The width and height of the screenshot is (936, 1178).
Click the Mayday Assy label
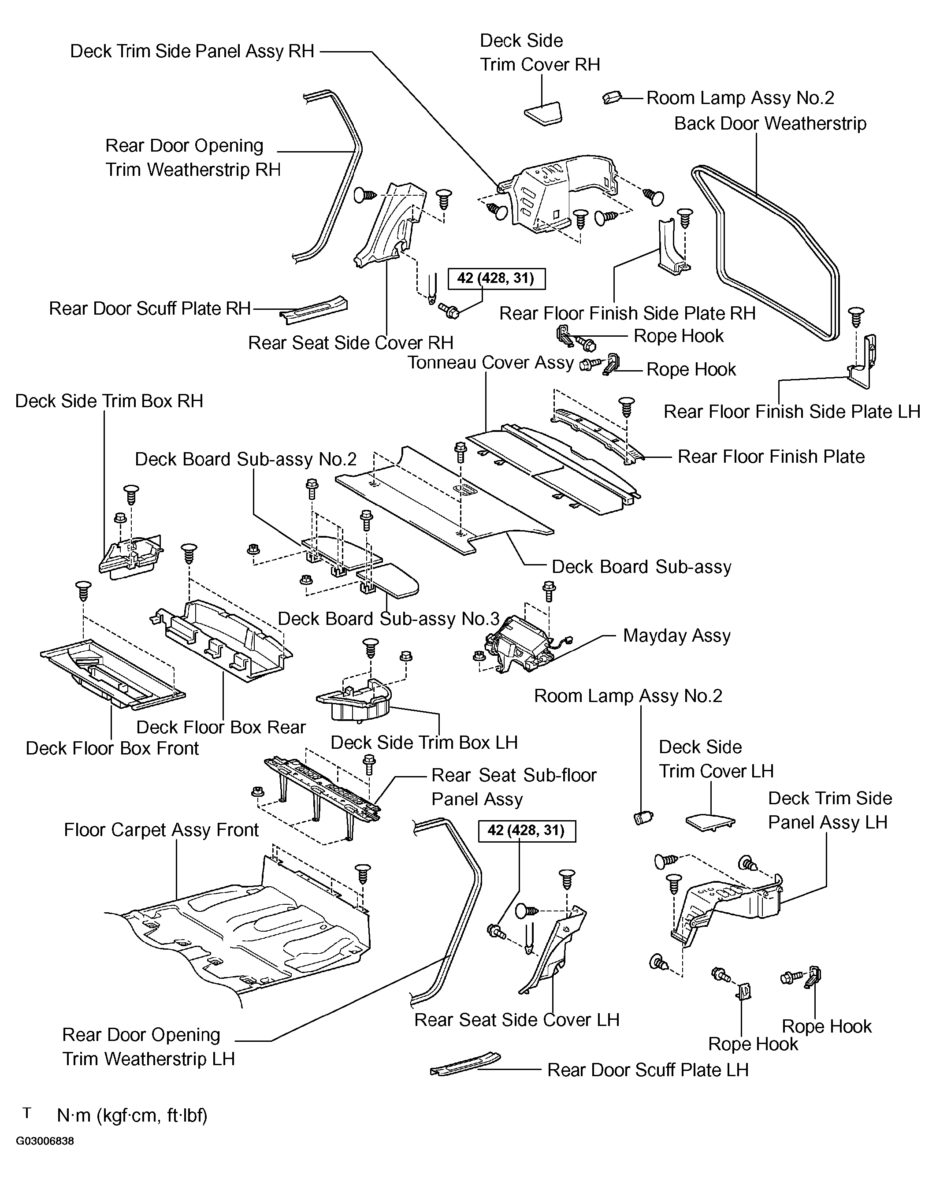tap(676, 635)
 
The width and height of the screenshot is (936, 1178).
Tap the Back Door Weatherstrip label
tap(770, 123)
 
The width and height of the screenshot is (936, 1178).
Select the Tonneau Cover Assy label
tap(490, 363)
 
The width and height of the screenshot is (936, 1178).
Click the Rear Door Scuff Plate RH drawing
tap(314, 310)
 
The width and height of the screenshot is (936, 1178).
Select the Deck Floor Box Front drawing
tap(112, 675)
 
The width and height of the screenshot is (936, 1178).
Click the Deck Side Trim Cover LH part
tap(710, 822)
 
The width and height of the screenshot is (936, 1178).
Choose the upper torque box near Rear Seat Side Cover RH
tap(496, 278)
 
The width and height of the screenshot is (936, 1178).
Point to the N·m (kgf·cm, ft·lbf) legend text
tap(132, 1115)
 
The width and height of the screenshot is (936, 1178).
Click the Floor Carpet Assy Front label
tap(161, 830)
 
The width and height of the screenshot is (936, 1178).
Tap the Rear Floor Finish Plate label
tap(771, 457)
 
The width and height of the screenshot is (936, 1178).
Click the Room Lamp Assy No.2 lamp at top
tap(612, 97)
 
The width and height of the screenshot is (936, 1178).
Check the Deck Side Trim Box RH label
tap(109, 401)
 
